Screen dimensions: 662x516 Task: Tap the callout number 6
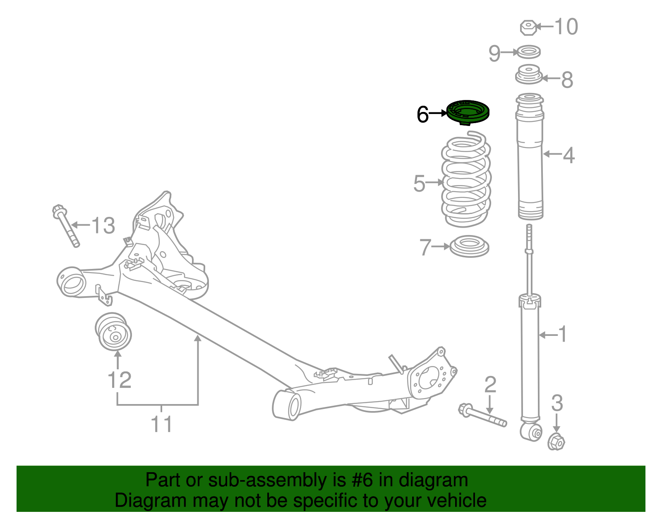(422, 114)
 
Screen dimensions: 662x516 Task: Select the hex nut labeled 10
(528, 28)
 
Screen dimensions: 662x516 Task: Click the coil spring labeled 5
(466, 179)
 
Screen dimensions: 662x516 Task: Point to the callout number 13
(103, 225)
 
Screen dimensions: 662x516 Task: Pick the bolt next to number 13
(66, 226)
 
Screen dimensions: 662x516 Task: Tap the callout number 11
(161, 424)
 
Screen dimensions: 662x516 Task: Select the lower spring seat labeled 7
(470, 246)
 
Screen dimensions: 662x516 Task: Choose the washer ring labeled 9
(529, 52)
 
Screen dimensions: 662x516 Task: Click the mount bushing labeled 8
(529, 75)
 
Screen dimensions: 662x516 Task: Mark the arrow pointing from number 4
(552, 154)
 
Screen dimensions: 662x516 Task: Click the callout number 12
(120, 380)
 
